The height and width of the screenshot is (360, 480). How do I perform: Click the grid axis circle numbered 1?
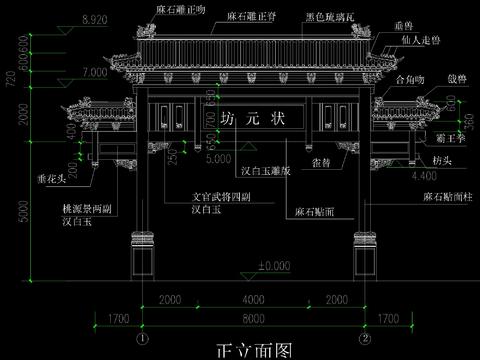[142, 338]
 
